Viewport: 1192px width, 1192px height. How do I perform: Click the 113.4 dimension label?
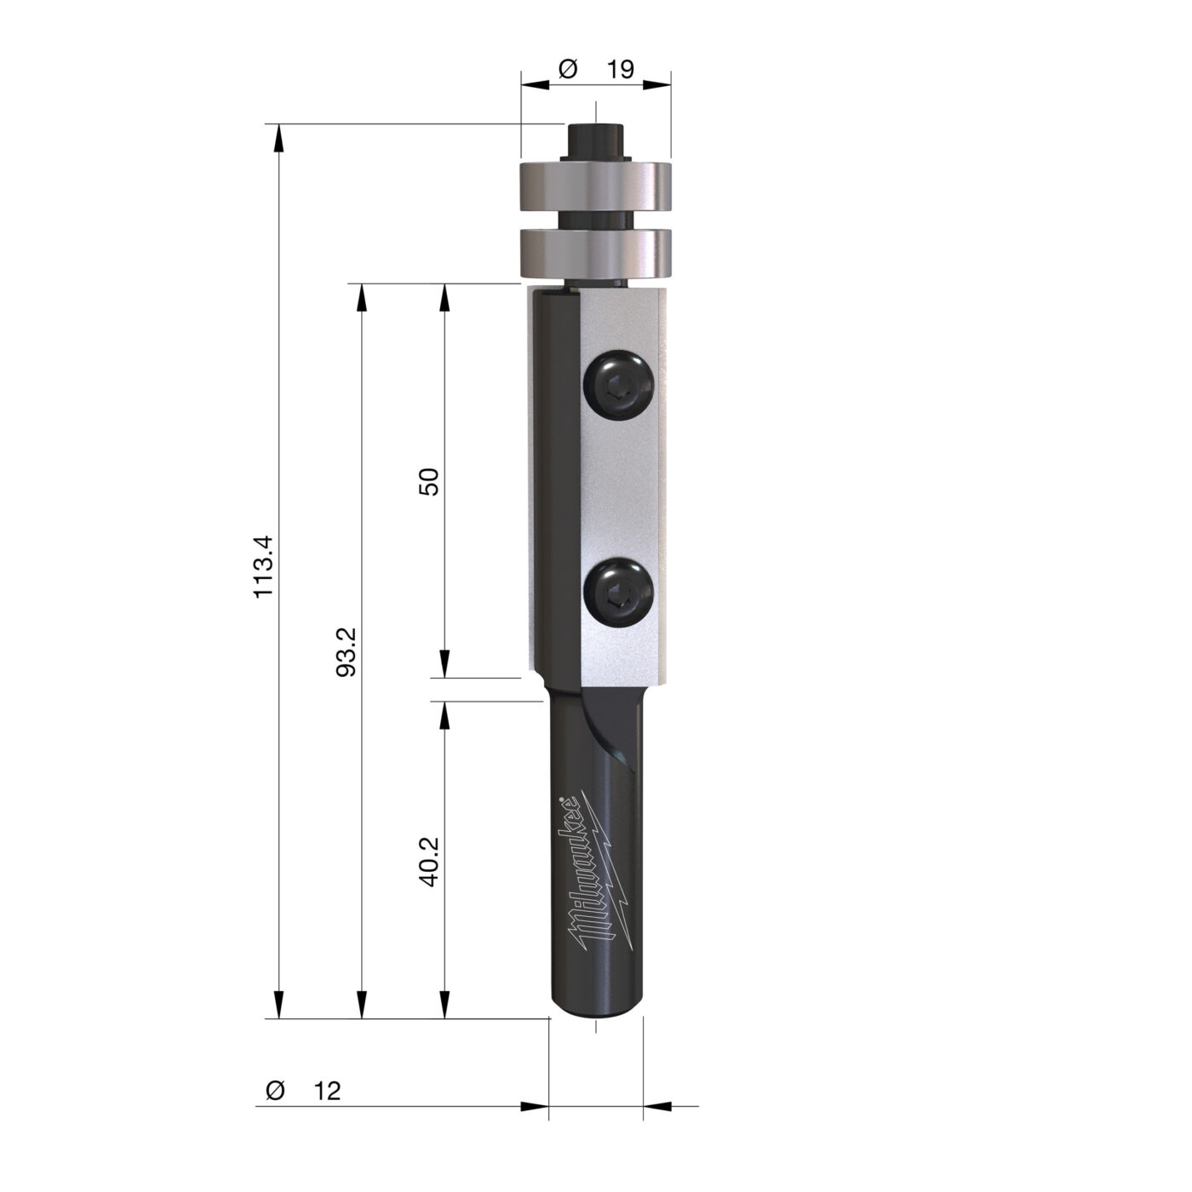(x=263, y=566)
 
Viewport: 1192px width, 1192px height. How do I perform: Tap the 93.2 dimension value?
(x=347, y=652)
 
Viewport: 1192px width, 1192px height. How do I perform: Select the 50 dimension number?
(x=428, y=481)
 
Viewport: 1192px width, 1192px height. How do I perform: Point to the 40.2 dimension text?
(x=428, y=862)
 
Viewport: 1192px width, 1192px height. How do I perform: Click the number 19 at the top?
(x=620, y=69)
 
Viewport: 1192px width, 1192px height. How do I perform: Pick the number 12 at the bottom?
(x=327, y=1108)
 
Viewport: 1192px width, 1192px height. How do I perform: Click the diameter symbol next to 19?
(x=568, y=69)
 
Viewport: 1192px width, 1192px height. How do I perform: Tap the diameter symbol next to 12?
(x=275, y=1108)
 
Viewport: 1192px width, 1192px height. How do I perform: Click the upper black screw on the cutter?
(x=619, y=386)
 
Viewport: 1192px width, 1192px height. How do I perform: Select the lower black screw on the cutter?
(x=619, y=593)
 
